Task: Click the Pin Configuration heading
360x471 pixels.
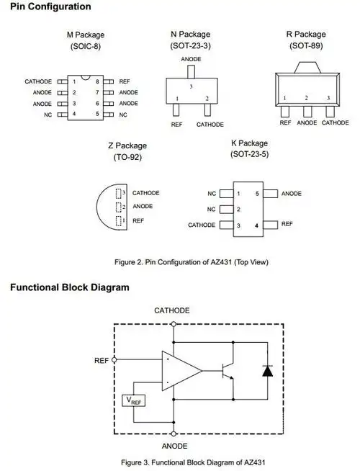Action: [50, 7]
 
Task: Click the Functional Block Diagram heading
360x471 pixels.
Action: [70, 287]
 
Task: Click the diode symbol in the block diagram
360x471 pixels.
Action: [267, 371]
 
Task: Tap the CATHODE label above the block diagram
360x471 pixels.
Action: [172, 310]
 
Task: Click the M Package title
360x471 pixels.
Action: [85, 35]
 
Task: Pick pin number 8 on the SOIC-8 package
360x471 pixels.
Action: [96, 82]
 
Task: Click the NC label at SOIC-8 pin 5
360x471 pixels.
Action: [123, 115]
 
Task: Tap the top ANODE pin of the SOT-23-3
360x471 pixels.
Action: [191, 72]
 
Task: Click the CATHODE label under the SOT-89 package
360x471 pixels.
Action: [335, 123]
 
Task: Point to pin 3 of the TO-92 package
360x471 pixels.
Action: [123, 193]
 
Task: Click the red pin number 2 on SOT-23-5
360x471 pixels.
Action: [238, 210]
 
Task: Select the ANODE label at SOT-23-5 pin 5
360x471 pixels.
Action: [292, 194]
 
